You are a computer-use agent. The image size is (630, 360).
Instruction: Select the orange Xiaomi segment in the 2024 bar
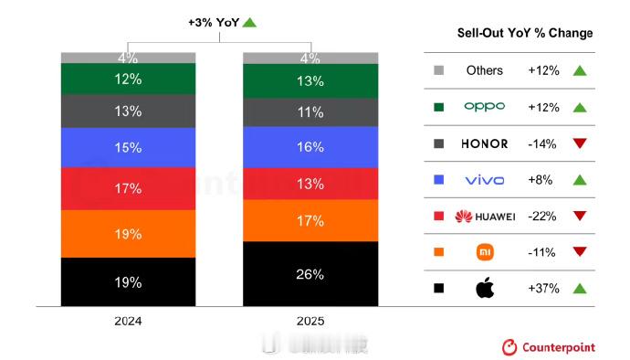click(x=128, y=234)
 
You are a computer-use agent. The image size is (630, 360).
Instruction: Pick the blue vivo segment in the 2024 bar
click(x=128, y=147)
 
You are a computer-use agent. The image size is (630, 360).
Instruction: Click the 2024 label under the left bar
click(x=128, y=322)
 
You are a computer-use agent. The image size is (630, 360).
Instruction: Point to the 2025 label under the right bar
click(x=310, y=322)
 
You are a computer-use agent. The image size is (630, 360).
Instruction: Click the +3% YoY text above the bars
click(x=215, y=21)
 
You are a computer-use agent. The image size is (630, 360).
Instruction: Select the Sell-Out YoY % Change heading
click(x=525, y=33)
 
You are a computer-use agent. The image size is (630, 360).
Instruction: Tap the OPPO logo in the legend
click(x=484, y=106)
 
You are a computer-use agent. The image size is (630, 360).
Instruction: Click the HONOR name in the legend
click(x=484, y=143)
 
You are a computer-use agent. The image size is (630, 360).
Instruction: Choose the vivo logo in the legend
click(x=484, y=179)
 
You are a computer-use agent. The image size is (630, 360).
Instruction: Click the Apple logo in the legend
click(x=484, y=289)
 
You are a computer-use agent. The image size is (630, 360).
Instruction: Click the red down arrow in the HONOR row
click(x=578, y=143)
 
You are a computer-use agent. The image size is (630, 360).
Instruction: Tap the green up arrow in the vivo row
click(x=578, y=179)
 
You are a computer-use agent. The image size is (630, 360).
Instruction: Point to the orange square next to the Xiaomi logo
click(x=439, y=252)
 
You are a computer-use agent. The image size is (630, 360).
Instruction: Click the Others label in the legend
click(x=484, y=70)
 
